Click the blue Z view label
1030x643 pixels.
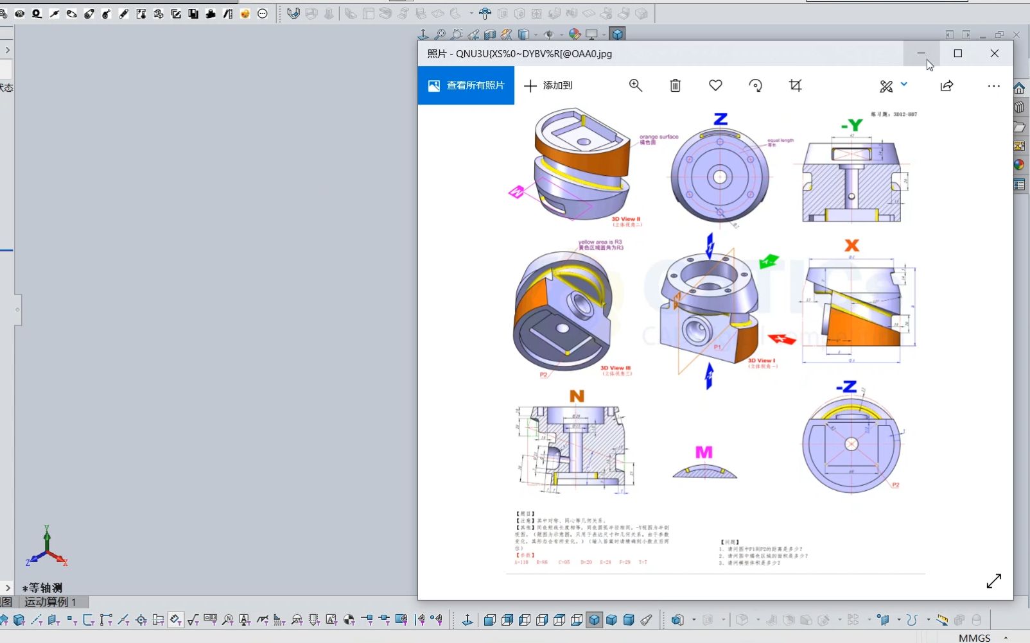point(720,119)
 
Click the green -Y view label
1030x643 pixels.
point(851,125)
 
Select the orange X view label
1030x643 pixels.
point(851,245)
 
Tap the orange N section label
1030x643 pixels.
point(577,396)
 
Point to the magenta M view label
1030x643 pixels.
point(704,452)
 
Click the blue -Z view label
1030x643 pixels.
point(846,387)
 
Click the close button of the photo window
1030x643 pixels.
point(994,54)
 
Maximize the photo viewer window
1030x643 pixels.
point(957,54)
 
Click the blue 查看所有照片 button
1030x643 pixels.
point(466,85)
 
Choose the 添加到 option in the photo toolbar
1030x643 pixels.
point(548,85)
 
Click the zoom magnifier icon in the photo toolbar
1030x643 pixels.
point(636,85)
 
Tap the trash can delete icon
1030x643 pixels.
point(675,85)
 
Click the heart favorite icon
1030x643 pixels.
point(715,85)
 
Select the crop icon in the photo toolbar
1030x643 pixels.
point(795,85)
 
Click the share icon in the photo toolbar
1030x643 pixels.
point(947,85)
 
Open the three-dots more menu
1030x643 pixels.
point(993,85)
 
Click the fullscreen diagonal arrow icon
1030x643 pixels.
point(993,581)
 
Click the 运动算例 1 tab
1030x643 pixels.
point(50,602)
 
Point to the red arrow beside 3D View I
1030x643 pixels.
point(781,338)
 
